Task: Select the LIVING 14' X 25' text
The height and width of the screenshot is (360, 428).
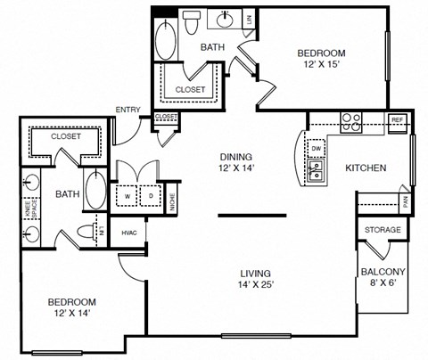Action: (254, 279)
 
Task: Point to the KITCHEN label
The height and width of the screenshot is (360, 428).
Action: (366, 167)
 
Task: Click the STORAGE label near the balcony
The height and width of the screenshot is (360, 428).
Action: (383, 230)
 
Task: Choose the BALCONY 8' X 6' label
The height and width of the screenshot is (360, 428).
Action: (383, 277)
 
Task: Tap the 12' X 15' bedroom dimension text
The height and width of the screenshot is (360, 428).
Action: (321, 64)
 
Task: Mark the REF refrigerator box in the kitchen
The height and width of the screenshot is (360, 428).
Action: (398, 119)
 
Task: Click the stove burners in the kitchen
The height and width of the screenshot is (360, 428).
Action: (350, 124)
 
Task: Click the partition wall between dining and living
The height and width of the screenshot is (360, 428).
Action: (252, 215)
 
